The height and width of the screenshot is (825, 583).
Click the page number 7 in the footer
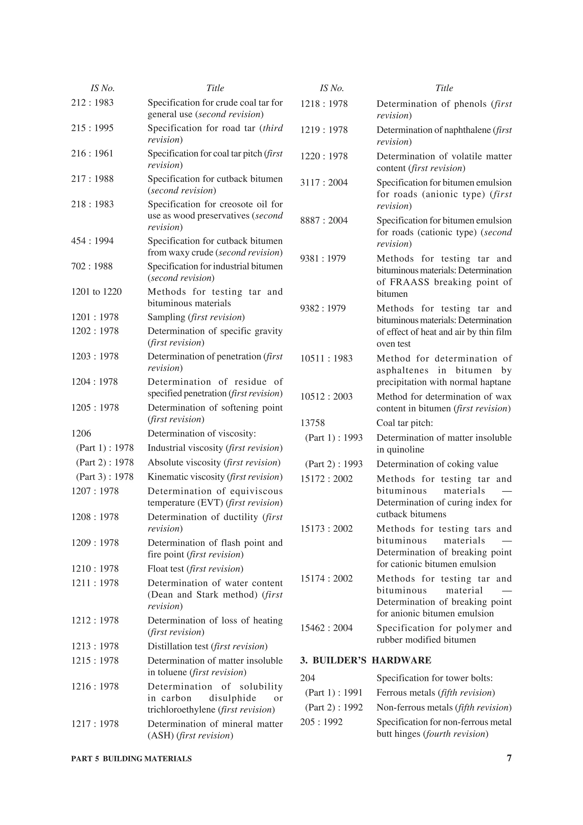pos(509,758)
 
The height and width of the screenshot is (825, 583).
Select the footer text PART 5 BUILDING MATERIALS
pos(131,759)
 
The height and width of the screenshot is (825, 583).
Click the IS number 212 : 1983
pos(92,103)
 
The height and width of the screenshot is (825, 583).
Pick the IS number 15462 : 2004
pos(326,628)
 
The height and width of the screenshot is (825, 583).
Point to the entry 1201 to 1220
pos(96,292)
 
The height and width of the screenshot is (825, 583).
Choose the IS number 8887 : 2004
pos(324,220)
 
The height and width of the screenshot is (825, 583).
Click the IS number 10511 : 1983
pos(326,359)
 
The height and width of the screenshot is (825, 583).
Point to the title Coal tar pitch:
pos(405,423)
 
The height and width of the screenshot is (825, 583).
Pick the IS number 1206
pos(81,433)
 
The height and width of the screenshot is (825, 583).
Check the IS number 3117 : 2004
pos(324,182)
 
